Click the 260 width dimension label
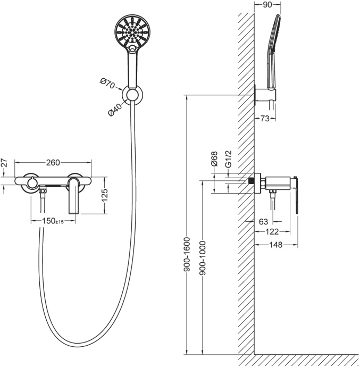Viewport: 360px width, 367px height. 53,162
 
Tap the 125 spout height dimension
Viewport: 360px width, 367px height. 105,195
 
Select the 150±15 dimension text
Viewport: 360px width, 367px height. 53,221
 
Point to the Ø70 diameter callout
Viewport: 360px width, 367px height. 107,84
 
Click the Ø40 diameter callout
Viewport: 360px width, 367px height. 115,110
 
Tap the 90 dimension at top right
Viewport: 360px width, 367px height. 267,5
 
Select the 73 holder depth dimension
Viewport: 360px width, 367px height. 265,119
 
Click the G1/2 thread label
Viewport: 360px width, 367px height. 228,159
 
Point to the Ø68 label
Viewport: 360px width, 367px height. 214,159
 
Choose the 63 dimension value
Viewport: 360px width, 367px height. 264,221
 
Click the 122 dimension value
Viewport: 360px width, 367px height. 272,232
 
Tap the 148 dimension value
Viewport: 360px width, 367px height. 276,245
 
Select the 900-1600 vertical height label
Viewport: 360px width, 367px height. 187,254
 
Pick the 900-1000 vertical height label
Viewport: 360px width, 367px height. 203,257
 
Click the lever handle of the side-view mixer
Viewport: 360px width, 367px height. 296,195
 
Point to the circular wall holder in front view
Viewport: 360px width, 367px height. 132,95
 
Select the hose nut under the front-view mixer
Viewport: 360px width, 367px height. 43,191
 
